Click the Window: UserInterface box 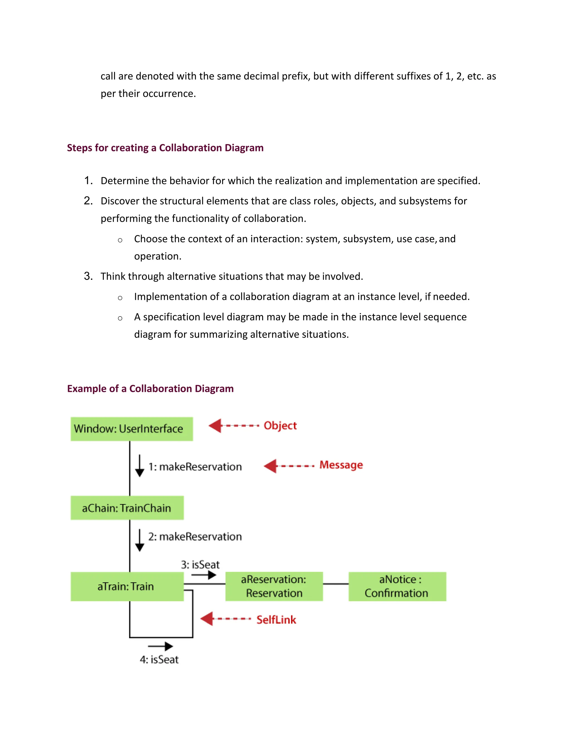click(132, 429)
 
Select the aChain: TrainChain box click(127, 508)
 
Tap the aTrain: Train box click(127, 586)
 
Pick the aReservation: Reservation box click(274, 586)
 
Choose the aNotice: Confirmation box click(397, 586)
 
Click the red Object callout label click(280, 426)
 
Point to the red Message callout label click(341, 465)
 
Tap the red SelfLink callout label click(276, 620)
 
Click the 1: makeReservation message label click(195, 467)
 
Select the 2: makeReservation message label click(195, 536)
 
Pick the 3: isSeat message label click(200, 565)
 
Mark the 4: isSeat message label click(159, 659)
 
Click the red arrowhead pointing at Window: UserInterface click(215, 426)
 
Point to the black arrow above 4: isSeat click(160, 646)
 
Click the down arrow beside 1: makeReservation click(139, 466)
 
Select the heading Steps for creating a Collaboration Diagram click(165, 148)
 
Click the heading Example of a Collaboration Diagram click(150, 389)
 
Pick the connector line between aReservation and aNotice click(336, 584)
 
